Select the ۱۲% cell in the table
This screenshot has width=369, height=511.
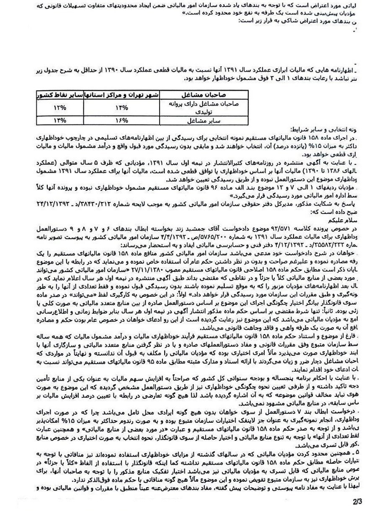[x=59, y=108]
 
